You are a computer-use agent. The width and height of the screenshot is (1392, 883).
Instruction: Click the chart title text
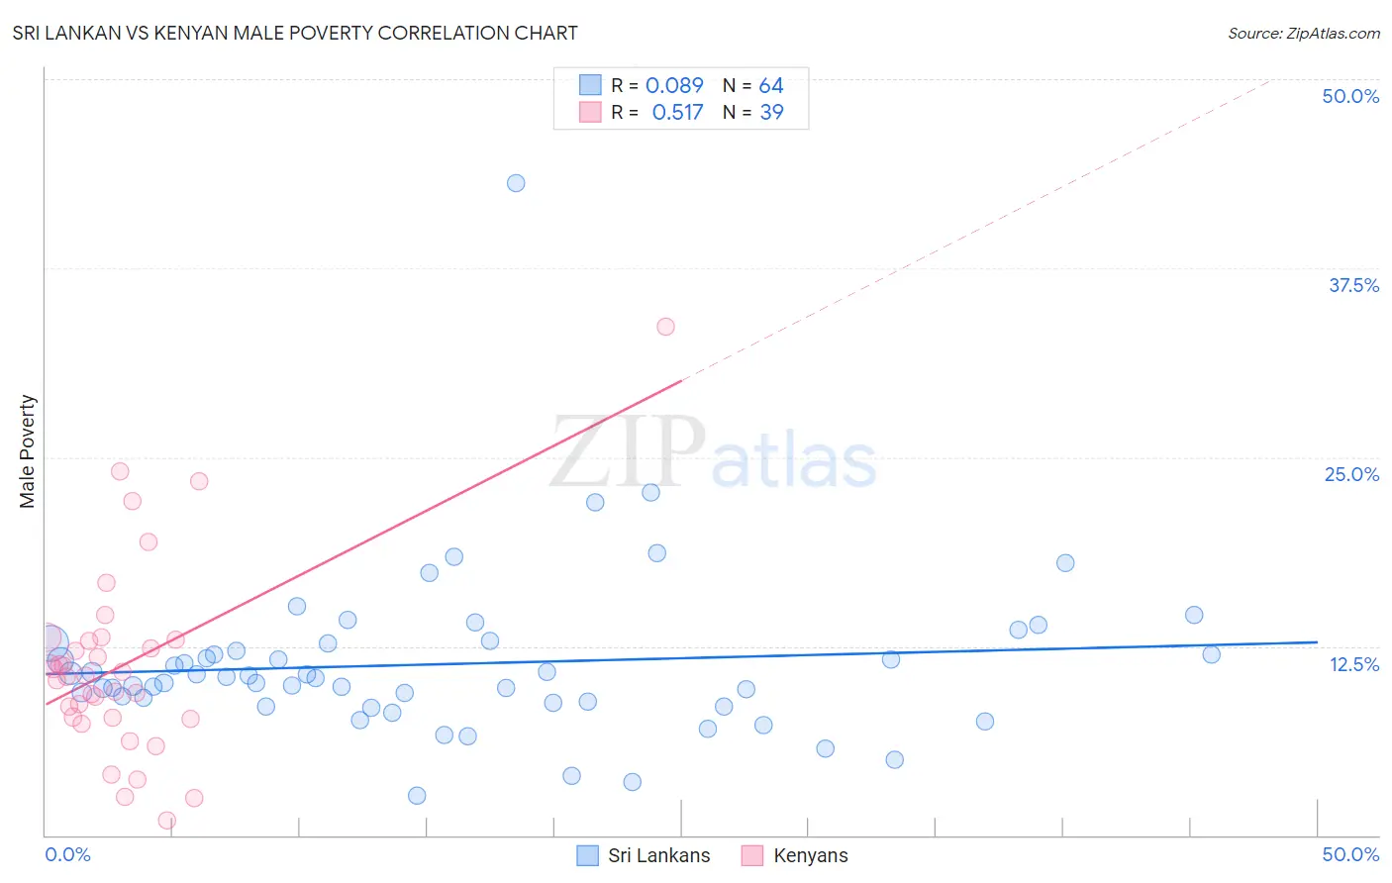(295, 33)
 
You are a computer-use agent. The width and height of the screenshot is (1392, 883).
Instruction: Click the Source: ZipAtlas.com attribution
(1303, 33)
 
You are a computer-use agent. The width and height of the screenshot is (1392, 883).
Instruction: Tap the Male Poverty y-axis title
(28, 451)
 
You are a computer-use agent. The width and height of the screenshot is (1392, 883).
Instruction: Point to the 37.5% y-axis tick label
(1353, 285)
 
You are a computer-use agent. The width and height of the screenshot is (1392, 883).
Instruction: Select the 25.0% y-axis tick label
(1351, 474)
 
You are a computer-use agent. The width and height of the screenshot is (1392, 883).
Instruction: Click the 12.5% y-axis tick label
(1353, 664)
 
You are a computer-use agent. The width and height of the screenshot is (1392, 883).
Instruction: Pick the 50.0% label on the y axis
(1350, 96)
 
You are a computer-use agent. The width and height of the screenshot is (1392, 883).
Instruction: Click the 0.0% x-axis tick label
(67, 854)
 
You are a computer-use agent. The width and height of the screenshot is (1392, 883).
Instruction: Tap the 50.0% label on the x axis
(1350, 854)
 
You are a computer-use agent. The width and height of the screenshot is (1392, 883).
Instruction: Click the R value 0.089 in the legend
(674, 85)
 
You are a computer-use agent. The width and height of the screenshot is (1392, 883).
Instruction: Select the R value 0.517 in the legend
(677, 112)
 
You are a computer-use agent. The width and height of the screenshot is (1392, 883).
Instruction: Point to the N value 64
(771, 85)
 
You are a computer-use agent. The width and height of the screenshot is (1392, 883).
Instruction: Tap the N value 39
(771, 112)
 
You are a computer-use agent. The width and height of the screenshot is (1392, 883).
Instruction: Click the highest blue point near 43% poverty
(516, 183)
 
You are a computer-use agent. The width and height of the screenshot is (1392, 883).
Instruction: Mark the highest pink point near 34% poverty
(665, 327)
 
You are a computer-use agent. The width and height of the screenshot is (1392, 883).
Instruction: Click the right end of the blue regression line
(1317, 642)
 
